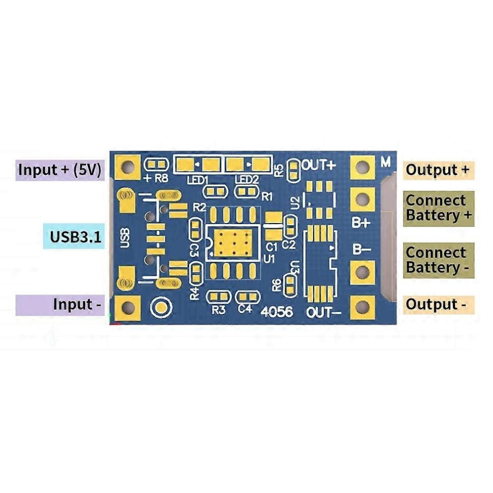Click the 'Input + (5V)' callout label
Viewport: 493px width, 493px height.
tap(60, 170)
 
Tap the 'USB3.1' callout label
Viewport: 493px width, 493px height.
tap(74, 236)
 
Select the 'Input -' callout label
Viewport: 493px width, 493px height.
tap(60, 305)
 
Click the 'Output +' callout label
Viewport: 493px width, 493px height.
tap(438, 170)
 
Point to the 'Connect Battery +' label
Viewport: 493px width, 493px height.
tap(439, 208)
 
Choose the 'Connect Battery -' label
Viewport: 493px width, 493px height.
tap(439, 260)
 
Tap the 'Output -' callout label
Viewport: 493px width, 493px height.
tap(438, 305)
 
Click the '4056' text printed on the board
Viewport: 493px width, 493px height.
tap(277, 312)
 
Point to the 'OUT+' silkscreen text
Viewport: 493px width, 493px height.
tap(319, 165)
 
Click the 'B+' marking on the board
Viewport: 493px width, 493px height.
tap(361, 223)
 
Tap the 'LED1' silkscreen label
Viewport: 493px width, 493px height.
tap(198, 180)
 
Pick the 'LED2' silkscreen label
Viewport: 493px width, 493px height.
tap(247, 180)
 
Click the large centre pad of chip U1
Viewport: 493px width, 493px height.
tap(233, 243)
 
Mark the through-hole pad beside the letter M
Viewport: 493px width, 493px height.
tap(363, 167)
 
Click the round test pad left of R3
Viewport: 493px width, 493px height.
tap(161, 307)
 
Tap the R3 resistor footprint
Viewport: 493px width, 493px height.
tap(219, 296)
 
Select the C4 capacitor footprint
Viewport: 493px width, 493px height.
tap(247, 297)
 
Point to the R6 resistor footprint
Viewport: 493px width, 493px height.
tap(290, 285)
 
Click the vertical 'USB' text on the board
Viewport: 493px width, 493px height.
tap(125, 238)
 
